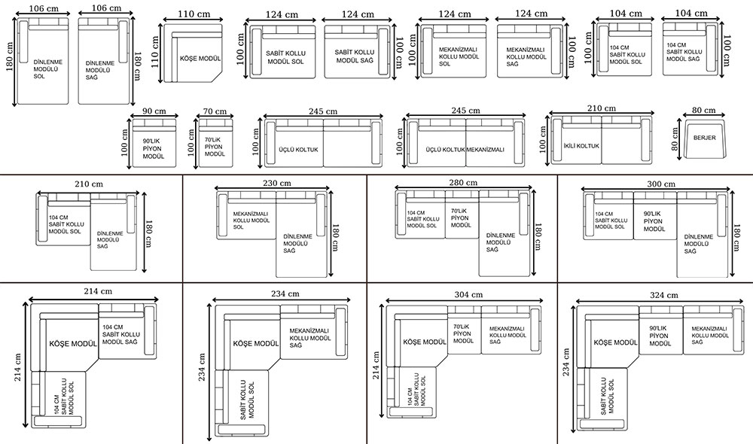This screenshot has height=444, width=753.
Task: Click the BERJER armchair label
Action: (705, 138)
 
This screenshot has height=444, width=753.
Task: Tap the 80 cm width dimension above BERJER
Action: (703, 111)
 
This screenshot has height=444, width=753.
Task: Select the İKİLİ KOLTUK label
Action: (581, 146)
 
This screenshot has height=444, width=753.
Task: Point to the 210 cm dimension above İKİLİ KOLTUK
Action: (601, 108)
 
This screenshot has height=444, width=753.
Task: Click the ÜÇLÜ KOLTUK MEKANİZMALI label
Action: (465, 150)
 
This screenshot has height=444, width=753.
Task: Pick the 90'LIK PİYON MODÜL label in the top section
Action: (153, 149)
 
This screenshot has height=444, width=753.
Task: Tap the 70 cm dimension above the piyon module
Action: (215, 111)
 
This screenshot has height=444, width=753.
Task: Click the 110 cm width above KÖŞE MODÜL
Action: (194, 14)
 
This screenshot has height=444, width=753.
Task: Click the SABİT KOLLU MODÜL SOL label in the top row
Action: (285, 58)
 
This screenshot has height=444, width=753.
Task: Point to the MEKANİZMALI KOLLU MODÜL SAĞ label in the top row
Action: (526, 56)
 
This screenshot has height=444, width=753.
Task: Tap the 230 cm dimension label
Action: (276, 183)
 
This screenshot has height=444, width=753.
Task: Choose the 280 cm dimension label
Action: (463, 182)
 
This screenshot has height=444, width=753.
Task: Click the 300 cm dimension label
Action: (661, 184)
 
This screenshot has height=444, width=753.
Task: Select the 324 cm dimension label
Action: (663, 295)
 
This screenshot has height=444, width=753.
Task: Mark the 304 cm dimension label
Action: (468, 295)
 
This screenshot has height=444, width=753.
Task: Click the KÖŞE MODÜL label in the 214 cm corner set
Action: (73, 344)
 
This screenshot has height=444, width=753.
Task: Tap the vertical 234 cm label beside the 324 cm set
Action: (567, 363)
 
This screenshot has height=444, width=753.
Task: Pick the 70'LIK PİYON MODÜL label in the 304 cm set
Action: (463, 333)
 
